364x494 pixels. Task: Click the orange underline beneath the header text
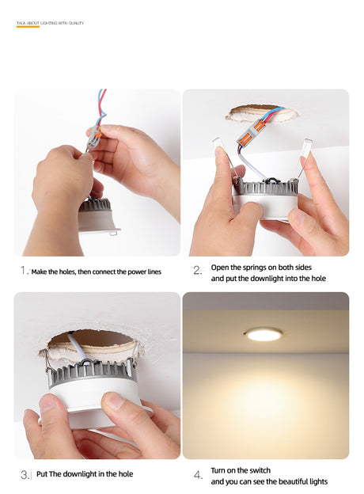(x=28, y=27)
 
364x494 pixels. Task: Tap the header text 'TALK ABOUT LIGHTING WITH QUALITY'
(x=50, y=23)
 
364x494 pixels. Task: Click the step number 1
(x=23, y=270)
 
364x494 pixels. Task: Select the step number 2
(x=197, y=270)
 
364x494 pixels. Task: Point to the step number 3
(x=25, y=475)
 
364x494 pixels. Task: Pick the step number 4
(x=197, y=475)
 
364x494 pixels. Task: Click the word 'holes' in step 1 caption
(x=67, y=272)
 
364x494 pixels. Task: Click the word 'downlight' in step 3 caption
(x=79, y=474)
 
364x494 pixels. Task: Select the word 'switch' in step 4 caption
(x=260, y=470)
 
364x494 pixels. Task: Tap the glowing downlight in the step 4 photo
(x=264, y=335)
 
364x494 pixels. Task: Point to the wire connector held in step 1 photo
(x=94, y=136)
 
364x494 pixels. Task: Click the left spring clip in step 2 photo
(x=226, y=159)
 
